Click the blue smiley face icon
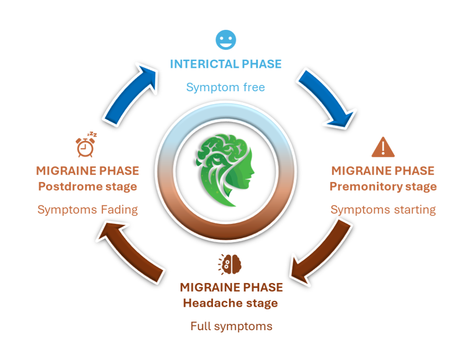pyautogui.click(x=226, y=39)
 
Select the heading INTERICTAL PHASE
pyautogui.click(x=226, y=64)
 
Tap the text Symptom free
pyautogui.click(x=226, y=87)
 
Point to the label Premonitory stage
pyautogui.click(x=383, y=187)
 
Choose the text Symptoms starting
pyautogui.click(x=383, y=210)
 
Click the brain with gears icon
pyautogui.click(x=231, y=264)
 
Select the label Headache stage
pyautogui.click(x=230, y=303)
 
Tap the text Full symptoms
pyautogui.click(x=231, y=327)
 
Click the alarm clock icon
pyautogui.click(x=85, y=145)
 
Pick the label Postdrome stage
pyautogui.click(x=87, y=187)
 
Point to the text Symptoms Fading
pyautogui.click(x=88, y=210)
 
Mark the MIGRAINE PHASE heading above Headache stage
pyautogui.click(x=231, y=288)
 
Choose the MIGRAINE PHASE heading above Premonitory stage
pyautogui.click(x=383, y=171)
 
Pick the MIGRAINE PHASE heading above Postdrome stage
pyautogui.click(x=87, y=171)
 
